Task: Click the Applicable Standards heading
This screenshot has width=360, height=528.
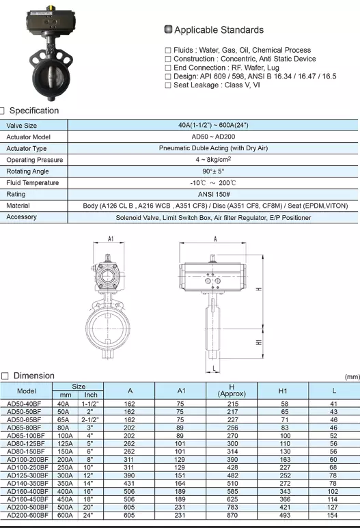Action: (219, 30)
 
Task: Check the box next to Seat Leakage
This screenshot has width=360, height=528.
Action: (168, 85)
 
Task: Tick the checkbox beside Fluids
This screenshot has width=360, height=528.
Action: (168, 51)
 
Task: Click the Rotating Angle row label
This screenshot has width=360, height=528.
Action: (28, 171)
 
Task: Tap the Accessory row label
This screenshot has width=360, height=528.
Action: (22, 217)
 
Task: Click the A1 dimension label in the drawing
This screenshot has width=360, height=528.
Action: (111, 240)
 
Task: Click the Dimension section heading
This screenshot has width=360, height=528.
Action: (33, 376)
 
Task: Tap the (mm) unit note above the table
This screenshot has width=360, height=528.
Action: (352, 377)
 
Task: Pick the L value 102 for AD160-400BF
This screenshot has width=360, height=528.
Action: (333, 490)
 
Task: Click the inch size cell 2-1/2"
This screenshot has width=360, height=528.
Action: (91, 420)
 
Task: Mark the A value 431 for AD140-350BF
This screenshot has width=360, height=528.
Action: (130, 483)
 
